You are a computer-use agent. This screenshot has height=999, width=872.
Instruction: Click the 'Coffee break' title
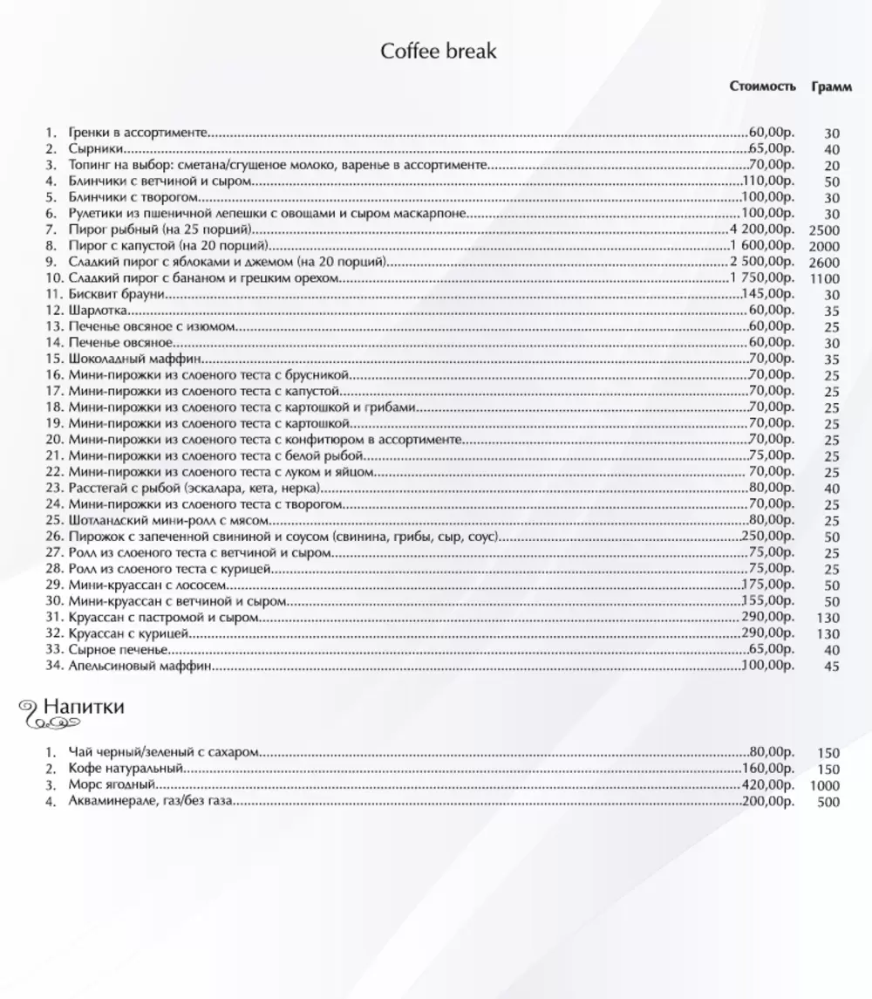click(x=439, y=51)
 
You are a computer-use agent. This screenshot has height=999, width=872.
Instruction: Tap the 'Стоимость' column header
click(x=763, y=86)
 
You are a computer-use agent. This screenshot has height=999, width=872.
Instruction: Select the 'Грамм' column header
click(x=831, y=86)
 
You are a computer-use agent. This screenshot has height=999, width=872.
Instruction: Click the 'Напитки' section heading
click(x=84, y=706)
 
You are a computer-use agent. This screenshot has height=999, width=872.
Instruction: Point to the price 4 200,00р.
click(x=762, y=229)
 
